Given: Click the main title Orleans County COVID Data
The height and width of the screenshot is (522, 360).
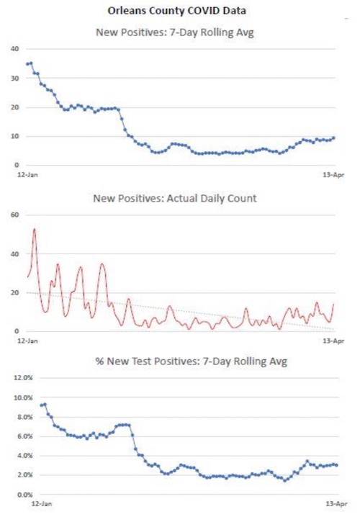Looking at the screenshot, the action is (177, 11).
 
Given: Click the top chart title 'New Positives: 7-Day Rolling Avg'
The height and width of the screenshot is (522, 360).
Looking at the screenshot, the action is (175, 32).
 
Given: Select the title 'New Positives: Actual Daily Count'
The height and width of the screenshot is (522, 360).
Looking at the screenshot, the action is (175, 199).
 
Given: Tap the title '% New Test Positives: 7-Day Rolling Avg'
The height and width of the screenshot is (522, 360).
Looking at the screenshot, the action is (191, 361).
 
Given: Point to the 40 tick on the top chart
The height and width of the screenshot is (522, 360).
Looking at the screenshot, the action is (15, 49).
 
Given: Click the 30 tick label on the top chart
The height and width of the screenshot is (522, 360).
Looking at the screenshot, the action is (15, 78).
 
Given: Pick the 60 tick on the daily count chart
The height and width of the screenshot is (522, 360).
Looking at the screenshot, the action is (15, 215).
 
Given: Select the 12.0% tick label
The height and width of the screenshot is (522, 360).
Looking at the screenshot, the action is (23, 378).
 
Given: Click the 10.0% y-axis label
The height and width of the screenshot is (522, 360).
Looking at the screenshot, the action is (23, 397).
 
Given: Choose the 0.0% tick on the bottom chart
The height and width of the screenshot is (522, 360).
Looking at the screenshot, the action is (24, 495).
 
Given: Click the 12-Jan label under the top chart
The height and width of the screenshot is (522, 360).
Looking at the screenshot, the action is (27, 174).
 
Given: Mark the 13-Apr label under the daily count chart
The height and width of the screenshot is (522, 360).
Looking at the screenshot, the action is (333, 341).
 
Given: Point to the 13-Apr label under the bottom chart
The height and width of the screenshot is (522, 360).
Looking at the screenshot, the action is (336, 504).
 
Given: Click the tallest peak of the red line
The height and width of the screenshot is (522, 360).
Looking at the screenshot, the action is (35, 229).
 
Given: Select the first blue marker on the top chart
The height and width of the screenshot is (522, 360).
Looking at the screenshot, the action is (27, 63).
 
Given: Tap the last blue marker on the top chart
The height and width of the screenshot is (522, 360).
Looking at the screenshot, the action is (333, 138).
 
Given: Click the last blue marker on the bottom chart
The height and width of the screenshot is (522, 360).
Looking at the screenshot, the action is (336, 465).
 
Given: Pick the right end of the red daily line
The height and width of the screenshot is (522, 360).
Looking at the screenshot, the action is (333, 304).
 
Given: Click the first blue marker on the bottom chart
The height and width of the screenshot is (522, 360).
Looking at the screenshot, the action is (42, 405).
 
